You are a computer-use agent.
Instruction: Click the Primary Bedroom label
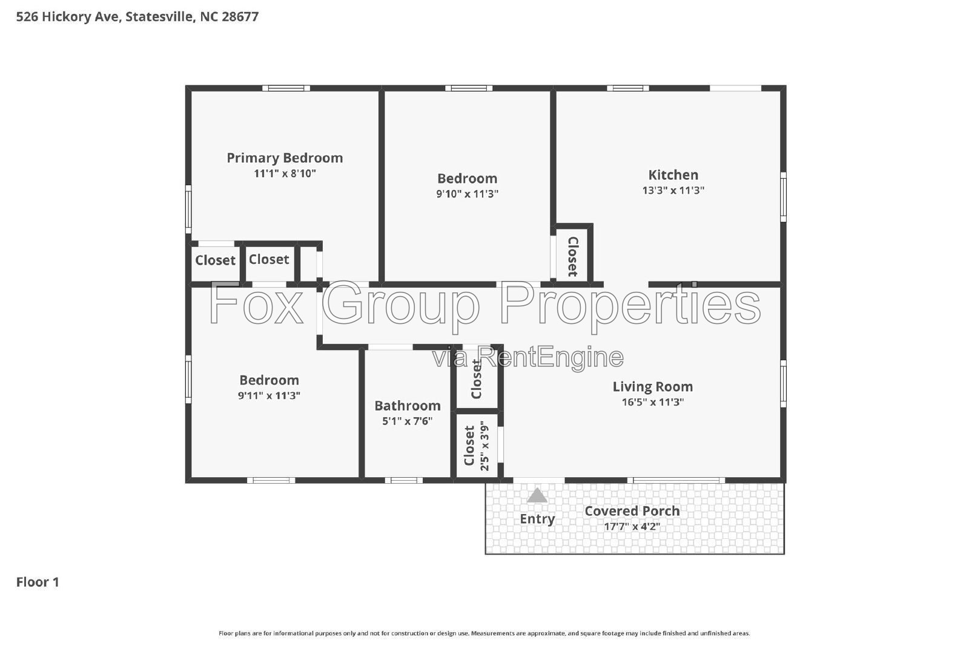click(x=285, y=158)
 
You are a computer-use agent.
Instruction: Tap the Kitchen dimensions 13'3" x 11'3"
click(x=673, y=190)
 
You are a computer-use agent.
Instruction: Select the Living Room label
click(x=652, y=386)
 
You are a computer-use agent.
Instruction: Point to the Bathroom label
click(x=408, y=406)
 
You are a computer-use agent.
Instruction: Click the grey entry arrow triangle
click(x=537, y=495)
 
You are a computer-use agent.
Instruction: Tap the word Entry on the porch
click(x=537, y=519)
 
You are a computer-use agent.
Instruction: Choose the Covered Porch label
click(x=632, y=511)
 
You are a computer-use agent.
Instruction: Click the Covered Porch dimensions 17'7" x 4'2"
click(x=632, y=527)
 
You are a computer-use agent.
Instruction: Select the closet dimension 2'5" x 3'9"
click(x=484, y=446)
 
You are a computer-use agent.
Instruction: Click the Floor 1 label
click(x=38, y=582)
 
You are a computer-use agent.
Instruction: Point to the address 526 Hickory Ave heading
click(x=137, y=17)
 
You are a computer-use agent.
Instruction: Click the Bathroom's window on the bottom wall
click(x=403, y=480)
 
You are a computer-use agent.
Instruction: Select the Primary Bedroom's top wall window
click(x=286, y=88)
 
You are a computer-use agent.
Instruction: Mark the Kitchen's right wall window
click(x=783, y=197)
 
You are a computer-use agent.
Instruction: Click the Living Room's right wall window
click(x=783, y=383)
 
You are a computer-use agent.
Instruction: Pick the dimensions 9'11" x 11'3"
click(x=269, y=395)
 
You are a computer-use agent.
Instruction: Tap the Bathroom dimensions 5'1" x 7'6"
click(x=408, y=421)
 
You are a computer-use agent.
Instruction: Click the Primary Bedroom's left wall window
click(x=188, y=209)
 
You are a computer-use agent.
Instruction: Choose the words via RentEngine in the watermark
click(x=527, y=357)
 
